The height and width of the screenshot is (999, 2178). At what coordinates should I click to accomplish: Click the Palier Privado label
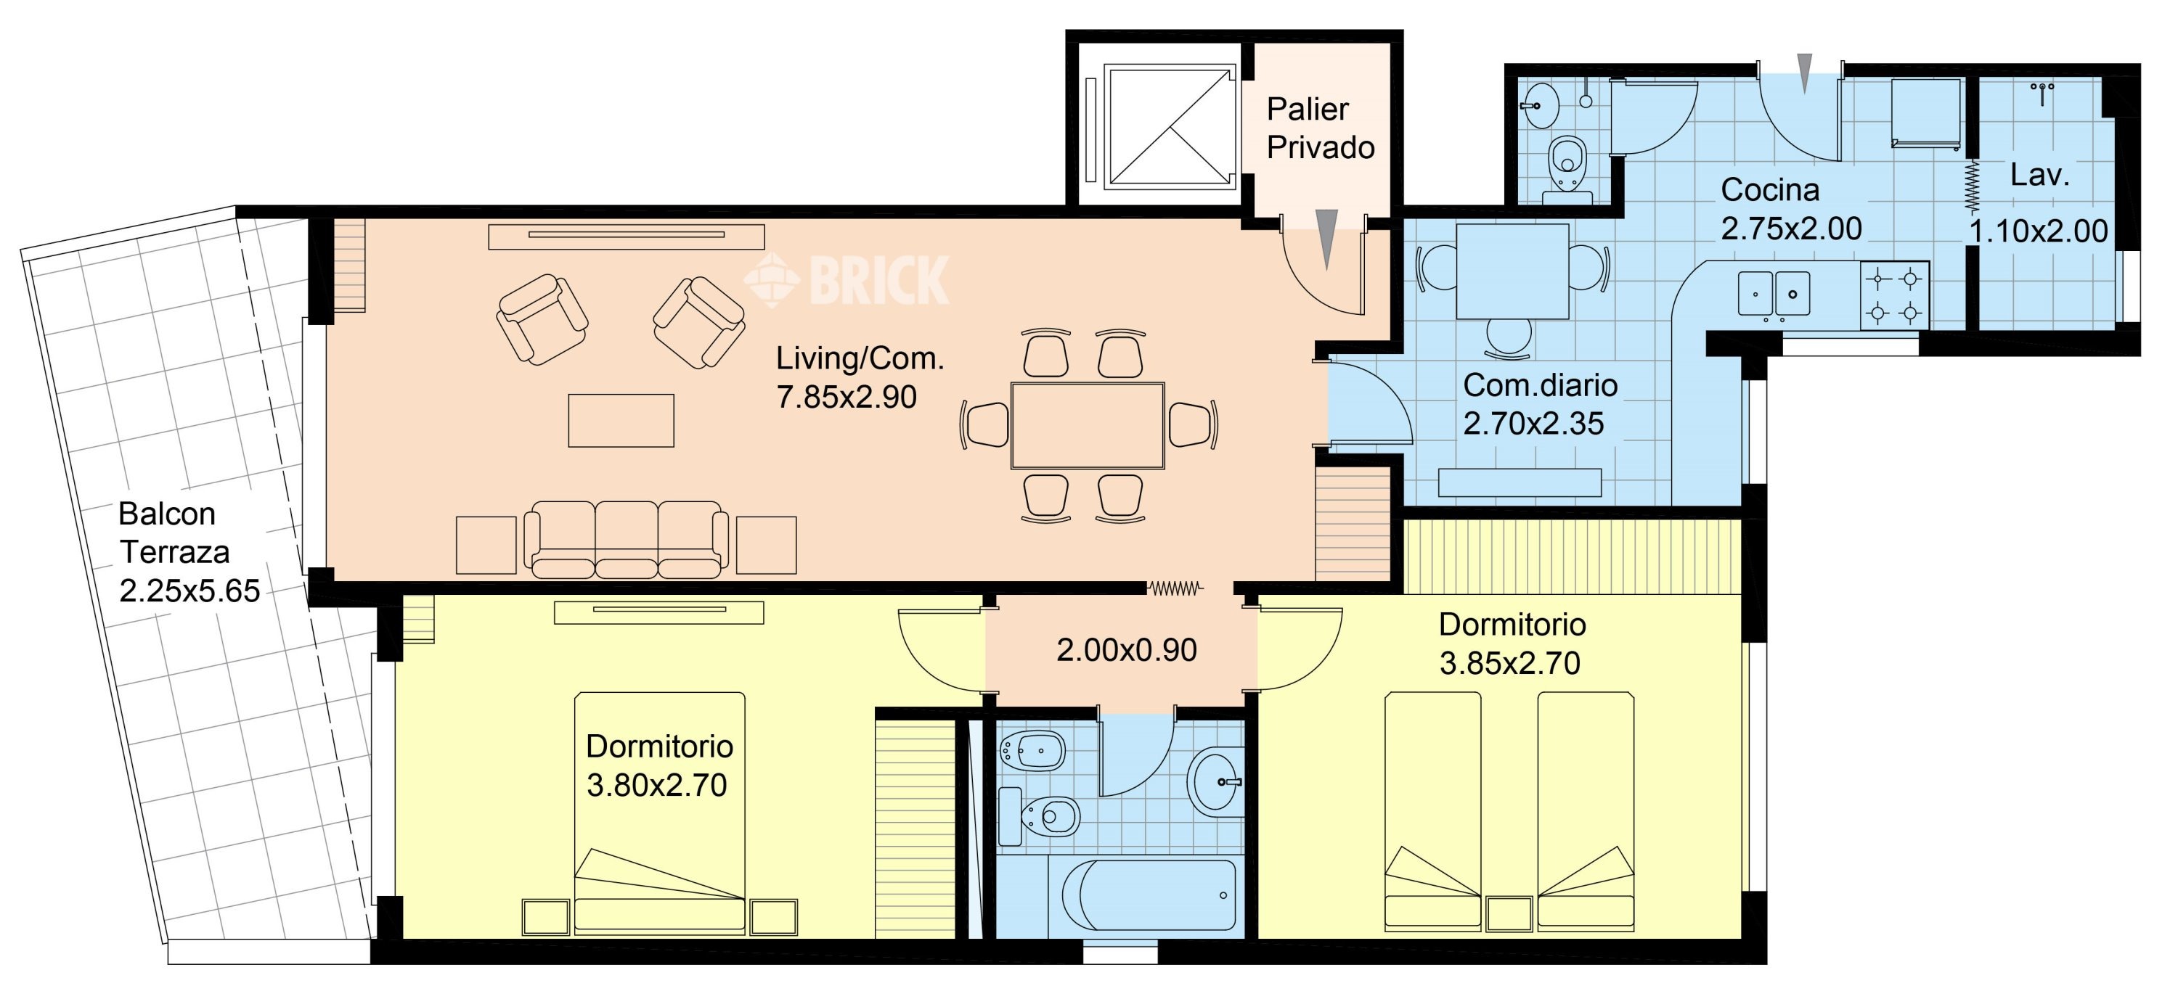point(1320,128)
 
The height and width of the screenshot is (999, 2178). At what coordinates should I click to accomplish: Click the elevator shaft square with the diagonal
point(1170,127)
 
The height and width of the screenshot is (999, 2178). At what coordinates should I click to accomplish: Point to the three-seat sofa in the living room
point(626,539)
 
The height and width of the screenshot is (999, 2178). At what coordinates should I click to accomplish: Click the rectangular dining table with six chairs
point(1088,425)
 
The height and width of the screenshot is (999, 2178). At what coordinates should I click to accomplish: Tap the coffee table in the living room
point(621,420)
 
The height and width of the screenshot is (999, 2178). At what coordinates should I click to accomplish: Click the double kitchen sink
point(1774,293)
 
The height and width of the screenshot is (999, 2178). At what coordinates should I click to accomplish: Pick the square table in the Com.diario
point(1512,271)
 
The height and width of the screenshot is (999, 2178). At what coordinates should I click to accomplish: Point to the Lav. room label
point(2039,175)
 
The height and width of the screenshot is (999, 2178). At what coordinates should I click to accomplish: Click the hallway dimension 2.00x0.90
point(1126,650)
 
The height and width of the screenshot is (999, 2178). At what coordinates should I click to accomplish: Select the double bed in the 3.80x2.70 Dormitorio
point(659,813)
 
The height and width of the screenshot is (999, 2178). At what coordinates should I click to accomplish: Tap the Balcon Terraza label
point(174,533)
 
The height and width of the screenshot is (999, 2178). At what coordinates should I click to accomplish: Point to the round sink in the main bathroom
point(1216,779)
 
